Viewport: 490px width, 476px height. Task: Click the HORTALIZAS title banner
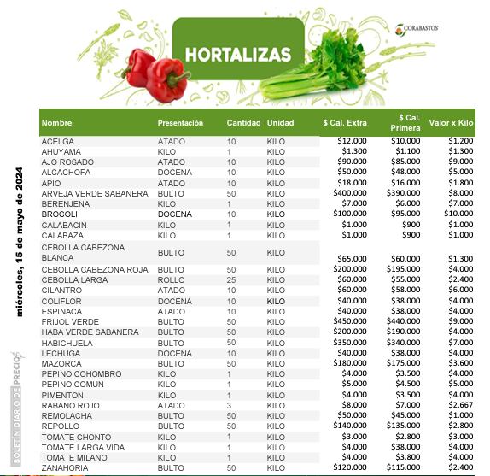click(238, 54)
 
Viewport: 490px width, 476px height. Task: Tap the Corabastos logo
click(417, 28)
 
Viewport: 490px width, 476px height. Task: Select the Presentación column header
click(180, 123)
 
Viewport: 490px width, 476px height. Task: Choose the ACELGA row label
click(58, 140)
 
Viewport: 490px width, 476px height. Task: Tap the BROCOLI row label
click(60, 214)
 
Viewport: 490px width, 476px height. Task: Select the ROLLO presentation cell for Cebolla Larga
click(171, 279)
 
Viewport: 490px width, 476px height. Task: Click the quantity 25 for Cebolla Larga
click(230, 279)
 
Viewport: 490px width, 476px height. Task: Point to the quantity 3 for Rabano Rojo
click(229, 405)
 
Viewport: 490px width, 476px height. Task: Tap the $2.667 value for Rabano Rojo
click(459, 405)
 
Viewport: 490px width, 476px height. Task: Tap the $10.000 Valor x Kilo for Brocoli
click(458, 214)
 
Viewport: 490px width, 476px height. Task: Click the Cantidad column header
click(242, 123)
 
